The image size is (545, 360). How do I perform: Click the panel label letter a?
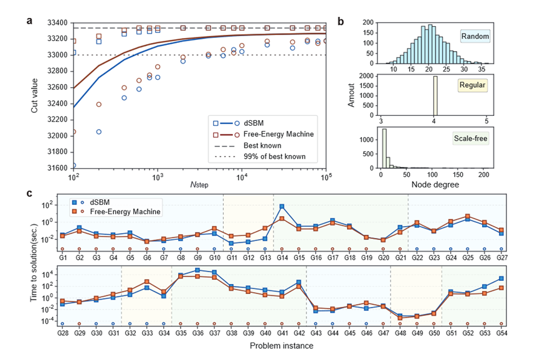[29, 21]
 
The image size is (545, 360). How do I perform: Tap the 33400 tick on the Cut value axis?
[57, 23]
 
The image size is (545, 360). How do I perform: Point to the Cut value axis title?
[34, 95]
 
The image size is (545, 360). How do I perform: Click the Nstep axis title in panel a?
[199, 184]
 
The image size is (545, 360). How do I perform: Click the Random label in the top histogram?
[475, 36]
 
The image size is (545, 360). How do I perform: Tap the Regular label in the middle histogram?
[472, 85]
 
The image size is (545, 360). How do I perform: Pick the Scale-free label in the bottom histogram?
[471, 138]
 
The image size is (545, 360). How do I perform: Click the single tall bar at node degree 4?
[435, 96]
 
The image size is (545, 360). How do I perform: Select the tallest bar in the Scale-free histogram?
[384, 148]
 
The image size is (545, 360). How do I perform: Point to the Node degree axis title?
[435, 184]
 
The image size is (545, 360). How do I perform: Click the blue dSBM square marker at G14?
[282, 206]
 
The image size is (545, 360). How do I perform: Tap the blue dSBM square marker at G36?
[197, 270]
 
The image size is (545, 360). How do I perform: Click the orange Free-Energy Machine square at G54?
[501, 288]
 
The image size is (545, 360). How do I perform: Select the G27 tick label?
[501, 258]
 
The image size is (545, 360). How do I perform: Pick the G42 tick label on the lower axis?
[299, 333]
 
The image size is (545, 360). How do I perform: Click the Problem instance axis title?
[282, 346]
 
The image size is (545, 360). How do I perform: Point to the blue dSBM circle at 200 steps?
[98, 131]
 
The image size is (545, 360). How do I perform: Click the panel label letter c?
[29, 193]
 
